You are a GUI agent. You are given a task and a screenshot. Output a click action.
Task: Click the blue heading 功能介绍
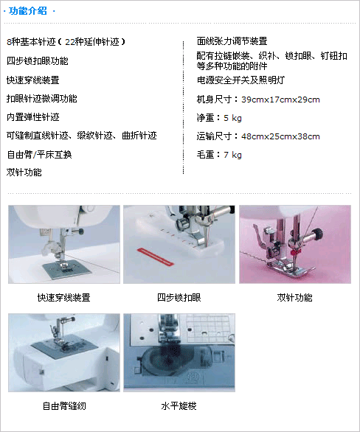[28, 11]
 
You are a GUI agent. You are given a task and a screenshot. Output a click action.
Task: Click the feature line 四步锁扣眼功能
[38, 61]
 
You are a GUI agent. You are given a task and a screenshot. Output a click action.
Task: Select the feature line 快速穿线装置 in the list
[33, 80]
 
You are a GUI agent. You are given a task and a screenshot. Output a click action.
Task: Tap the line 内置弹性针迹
[33, 117]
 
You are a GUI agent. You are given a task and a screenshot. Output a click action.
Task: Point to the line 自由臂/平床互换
[39, 155]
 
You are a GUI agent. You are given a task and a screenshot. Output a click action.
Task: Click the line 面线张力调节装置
[232, 41]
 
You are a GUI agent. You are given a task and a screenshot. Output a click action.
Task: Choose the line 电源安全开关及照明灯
[240, 80]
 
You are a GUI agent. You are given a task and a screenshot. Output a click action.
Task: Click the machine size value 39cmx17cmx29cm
[280, 100]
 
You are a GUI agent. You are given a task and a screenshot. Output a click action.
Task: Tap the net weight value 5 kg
[232, 118]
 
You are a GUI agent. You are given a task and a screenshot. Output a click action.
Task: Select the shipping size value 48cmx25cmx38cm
[280, 136]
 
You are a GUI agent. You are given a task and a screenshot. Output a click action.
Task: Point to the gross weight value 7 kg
[232, 155]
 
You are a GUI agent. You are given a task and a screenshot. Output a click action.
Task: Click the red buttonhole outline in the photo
[156, 257]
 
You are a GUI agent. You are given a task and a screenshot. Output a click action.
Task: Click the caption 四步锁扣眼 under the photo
[179, 298]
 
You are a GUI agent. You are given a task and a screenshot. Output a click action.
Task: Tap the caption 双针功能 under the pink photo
[294, 298]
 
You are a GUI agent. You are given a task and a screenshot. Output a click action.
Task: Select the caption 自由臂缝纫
[64, 406]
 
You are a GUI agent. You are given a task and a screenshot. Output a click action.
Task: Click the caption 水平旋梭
[179, 406]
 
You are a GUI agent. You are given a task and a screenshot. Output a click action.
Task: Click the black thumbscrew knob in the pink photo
[319, 234]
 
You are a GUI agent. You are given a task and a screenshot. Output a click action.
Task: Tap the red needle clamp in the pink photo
[295, 252]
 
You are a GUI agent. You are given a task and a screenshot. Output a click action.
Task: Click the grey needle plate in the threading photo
[67, 269]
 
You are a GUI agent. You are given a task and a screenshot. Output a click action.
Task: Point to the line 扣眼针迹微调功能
[42, 99]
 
